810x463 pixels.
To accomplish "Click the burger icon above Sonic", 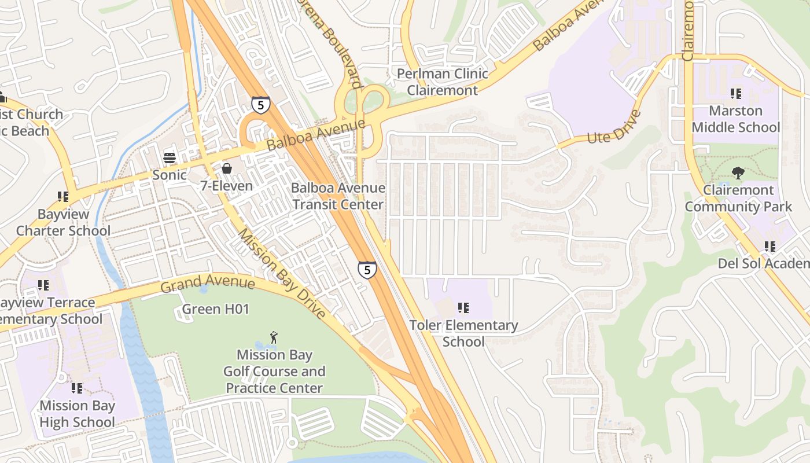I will point(170,157).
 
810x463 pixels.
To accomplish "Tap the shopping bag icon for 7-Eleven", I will point(227,168).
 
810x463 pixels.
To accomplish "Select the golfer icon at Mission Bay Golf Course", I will point(274,337).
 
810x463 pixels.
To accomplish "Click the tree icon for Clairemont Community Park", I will point(738,172).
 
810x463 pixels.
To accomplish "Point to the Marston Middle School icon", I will point(736,93).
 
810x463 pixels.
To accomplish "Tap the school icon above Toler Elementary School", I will point(463,308).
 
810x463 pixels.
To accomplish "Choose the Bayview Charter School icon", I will point(63,197).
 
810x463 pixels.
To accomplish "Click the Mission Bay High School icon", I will point(77,388).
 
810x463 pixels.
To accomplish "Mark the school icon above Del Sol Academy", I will point(770,247).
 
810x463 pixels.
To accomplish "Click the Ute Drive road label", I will point(614,127).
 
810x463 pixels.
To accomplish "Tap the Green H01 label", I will point(215,309).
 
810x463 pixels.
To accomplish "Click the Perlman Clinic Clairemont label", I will point(443,82).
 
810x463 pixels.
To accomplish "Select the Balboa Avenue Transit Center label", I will point(338,196).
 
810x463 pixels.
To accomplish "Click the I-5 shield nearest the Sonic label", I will point(260,105).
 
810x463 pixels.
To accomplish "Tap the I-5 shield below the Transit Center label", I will point(367,270).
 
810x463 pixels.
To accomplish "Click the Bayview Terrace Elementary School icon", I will point(43,285).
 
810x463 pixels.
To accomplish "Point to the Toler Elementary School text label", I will point(463,333).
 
